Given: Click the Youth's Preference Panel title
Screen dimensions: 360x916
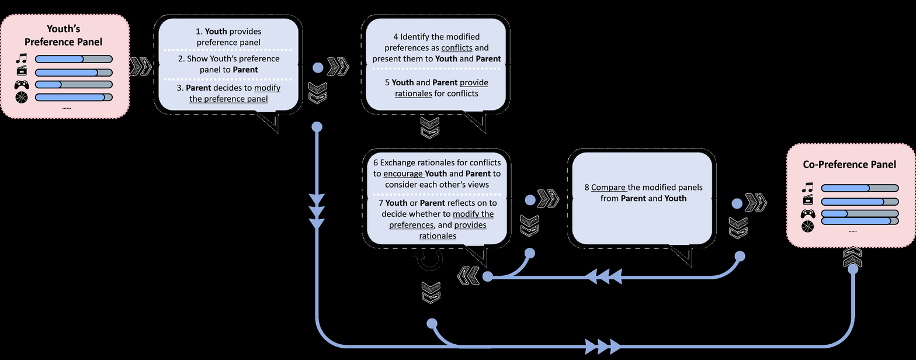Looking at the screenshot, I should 63,35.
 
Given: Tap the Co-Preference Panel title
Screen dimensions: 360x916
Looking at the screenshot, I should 849,165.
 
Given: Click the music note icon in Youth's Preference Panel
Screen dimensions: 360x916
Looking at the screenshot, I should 22,58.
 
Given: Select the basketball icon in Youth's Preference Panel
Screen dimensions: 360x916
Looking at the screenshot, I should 22,97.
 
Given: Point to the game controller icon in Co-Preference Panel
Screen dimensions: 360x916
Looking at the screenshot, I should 807,213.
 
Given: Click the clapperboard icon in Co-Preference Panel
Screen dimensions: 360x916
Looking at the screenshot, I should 807,202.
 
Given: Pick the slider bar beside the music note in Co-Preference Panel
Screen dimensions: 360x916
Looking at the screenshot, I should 859,188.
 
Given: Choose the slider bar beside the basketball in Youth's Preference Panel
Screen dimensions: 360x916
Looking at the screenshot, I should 74,97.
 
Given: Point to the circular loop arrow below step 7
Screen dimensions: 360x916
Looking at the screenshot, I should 429,259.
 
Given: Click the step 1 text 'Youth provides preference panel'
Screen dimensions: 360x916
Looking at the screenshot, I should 228,36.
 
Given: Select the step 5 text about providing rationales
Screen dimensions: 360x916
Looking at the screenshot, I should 436,88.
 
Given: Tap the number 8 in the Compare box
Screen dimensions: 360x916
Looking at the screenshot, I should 587,188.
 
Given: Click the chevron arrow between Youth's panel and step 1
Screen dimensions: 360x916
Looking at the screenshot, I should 140,67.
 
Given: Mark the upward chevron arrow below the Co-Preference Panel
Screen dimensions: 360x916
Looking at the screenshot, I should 853,258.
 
